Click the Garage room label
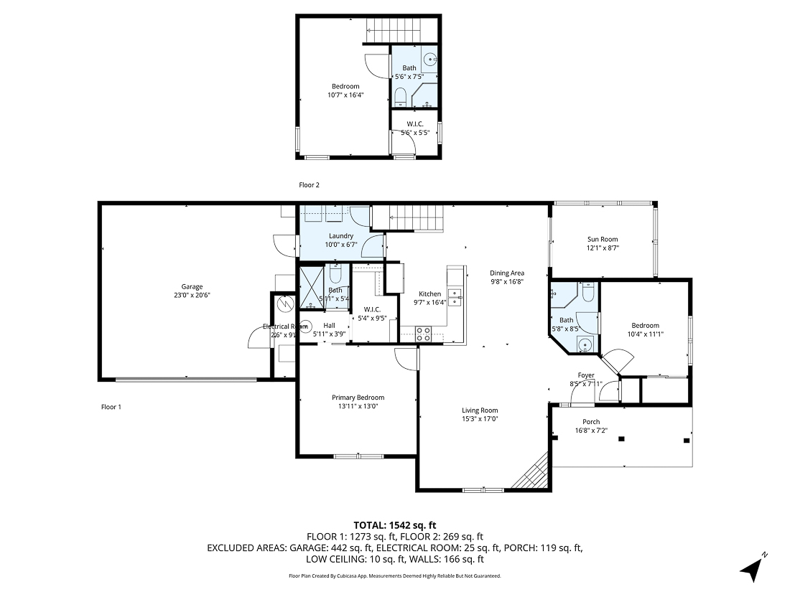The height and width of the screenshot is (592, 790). tap(191, 286)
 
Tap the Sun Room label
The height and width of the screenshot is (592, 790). tap(602, 240)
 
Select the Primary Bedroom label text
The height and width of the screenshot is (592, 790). tap(358, 398)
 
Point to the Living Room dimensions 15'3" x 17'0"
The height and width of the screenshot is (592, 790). tap(480, 419)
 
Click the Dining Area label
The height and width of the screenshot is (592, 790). tap(507, 273)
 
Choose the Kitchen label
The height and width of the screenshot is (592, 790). tap(429, 294)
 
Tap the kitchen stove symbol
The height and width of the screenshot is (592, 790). tap(423, 333)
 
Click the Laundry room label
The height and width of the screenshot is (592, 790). tap(340, 236)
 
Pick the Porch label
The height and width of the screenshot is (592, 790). tap(591, 422)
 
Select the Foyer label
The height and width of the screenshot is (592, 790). tap(586, 375)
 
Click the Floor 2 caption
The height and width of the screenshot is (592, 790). tap(309, 185)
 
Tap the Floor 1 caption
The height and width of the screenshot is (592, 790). tap(111, 407)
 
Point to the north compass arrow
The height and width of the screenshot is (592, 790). tap(752, 569)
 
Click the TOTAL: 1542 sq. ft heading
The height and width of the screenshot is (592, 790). tap(394, 525)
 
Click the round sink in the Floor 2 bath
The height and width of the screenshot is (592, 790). tap(429, 60)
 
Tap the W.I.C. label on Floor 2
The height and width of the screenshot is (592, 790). tap(414, 124)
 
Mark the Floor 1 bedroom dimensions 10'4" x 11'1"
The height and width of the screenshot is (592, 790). tap(644, 334)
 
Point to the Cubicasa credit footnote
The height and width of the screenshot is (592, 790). tap(394, 575)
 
